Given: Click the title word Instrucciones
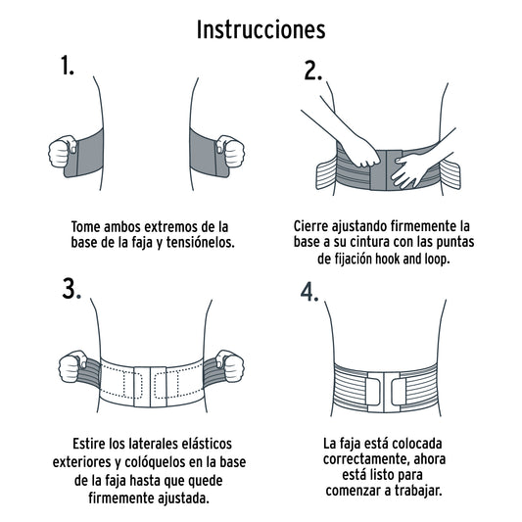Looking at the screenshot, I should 261,28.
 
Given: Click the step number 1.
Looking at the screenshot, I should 68,66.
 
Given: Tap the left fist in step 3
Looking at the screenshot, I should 74,367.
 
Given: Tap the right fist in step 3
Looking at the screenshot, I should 229,366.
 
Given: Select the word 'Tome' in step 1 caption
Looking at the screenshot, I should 87,224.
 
